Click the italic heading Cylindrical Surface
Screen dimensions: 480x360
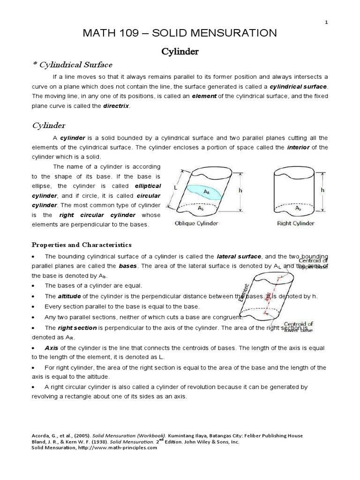(75, 65)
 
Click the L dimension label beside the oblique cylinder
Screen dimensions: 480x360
(175, 187)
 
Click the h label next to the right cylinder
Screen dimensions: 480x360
(322, 190)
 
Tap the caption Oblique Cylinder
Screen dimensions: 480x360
(196, 224)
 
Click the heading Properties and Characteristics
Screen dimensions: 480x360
(82, 245)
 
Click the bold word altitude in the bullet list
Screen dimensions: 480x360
(69, 296)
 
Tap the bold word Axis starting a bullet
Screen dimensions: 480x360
(51, 348)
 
